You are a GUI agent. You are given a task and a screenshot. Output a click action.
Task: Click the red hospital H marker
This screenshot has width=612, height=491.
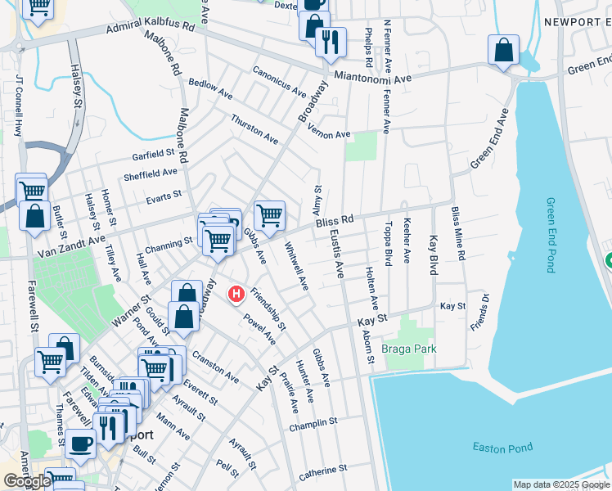[236, 293]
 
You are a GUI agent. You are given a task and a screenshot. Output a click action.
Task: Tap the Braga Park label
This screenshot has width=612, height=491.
[409, 349]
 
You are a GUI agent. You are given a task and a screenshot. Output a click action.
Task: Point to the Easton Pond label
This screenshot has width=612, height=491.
[502, 447]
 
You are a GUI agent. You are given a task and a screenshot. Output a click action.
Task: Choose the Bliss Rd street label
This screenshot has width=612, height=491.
[335, 222]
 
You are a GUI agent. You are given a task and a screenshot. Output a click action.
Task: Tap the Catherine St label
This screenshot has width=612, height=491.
[323, 471]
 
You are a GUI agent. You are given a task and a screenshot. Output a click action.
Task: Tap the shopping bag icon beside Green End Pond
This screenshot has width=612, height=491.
[504, 51]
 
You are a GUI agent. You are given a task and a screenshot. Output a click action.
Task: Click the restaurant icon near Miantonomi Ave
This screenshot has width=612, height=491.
[331, 43]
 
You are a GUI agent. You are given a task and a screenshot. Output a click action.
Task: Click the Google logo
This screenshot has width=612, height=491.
[27, 481]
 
